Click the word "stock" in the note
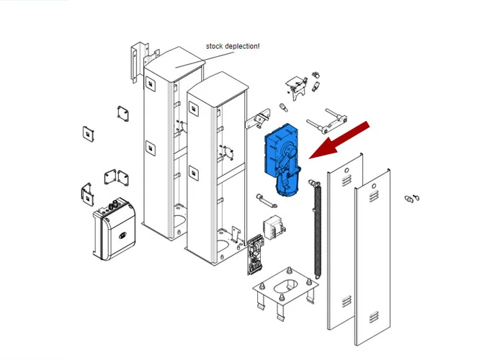(x=215, y=46)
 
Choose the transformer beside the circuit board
(x=274, y=224)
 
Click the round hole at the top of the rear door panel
(x=346, y=173)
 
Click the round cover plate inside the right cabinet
(x=228, y=153)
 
